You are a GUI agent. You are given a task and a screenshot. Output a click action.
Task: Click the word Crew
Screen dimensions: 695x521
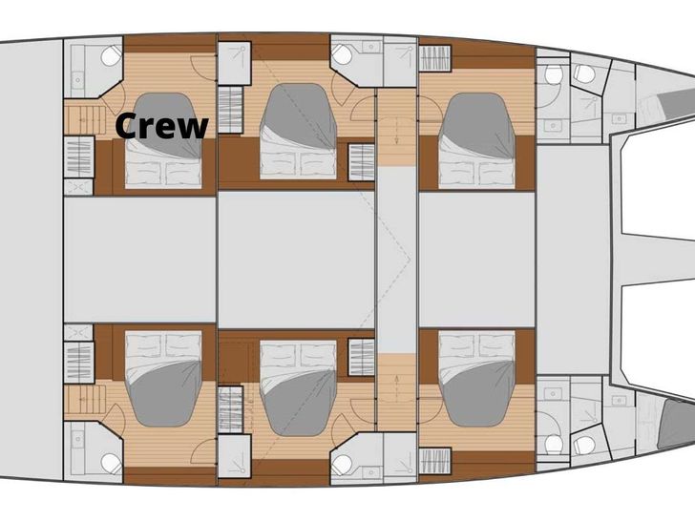[x=161, y=126]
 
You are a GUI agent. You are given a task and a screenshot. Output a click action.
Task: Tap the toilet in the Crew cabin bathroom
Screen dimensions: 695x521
[x=111, y=55]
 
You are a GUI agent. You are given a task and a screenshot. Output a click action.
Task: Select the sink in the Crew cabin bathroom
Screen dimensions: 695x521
[x=77, y=80]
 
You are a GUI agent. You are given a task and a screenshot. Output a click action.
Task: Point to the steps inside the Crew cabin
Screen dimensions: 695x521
[x=85, y=117]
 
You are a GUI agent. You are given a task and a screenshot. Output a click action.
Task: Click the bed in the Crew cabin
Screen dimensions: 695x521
[x=163, y=141]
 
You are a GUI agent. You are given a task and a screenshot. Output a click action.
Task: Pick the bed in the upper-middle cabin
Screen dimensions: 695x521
[x=298, y=132]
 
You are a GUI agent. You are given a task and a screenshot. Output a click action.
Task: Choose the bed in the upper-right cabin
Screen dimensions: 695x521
[x=477, y=141]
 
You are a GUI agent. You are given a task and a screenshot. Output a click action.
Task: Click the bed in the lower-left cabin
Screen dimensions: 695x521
[x=163, y=378]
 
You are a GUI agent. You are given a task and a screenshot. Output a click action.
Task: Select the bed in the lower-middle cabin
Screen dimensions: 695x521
[x=298, y=388]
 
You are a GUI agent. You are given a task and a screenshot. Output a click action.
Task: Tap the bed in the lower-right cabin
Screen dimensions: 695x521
[x=477, y=378]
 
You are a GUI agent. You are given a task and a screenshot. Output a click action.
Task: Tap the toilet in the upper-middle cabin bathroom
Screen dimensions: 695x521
[x=342, y=55]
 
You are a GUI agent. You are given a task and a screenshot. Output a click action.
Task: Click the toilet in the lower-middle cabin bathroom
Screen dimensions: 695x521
[x=342, y=464]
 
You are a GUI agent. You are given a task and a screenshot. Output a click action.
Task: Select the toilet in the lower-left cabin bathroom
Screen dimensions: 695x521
[x=111, y=463]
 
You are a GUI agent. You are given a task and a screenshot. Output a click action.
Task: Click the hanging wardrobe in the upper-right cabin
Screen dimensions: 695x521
[x=434, y=58]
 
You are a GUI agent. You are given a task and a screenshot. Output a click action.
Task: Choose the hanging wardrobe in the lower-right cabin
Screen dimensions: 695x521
[x=434, y=461]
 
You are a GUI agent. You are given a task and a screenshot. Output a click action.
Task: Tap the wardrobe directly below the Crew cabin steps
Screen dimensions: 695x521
[x=79, y=156]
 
